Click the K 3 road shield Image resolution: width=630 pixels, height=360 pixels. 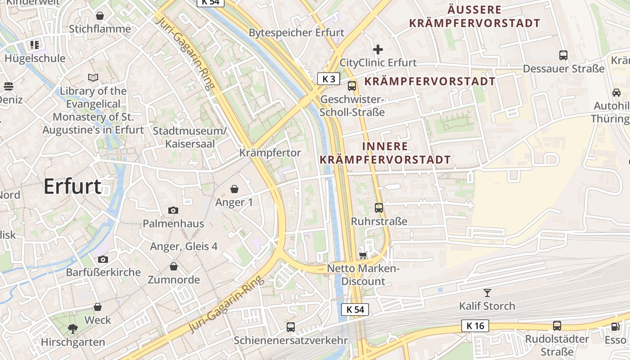328,79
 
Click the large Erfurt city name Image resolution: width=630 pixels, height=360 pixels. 72,186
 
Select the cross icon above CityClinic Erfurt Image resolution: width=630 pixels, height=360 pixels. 378,49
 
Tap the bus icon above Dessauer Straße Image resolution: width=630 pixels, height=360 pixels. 563,55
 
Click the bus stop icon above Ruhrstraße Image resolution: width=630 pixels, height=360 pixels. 379,208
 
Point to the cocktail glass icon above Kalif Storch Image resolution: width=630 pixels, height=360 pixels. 487,293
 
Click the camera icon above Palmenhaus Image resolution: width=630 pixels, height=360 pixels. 173,210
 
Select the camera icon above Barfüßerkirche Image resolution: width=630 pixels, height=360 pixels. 103,259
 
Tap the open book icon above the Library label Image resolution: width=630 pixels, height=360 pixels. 93,78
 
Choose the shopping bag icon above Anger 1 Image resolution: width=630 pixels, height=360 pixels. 234,189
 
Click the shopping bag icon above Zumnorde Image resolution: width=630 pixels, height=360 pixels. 174,266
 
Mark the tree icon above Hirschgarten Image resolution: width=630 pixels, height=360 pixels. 72,328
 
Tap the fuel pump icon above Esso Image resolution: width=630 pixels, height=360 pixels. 615,327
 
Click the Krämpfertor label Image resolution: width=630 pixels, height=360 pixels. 270,153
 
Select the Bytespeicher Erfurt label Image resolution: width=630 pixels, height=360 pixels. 296,33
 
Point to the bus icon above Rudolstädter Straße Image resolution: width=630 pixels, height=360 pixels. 557,326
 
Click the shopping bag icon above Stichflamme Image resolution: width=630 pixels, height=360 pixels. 100,16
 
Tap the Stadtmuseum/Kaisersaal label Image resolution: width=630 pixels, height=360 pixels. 189,137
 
